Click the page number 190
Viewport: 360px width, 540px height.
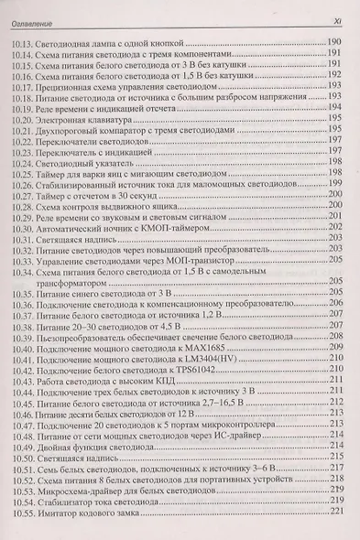pos(333,44)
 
